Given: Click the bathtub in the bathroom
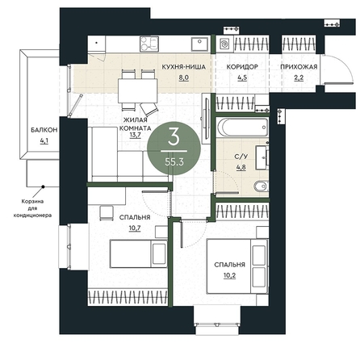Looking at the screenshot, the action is pyautogui.click(x=243, y=128).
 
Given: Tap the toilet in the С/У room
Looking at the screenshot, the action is pyautogui.click(x=261, y=186).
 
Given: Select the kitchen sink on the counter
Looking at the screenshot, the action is pyautogui.click(x=199, y=44).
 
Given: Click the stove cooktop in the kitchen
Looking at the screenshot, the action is pyautogui.click(x=149, y=44).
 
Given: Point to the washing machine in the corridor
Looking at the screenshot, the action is pyautogui.click(x=225, y=44).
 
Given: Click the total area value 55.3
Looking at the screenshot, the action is pyautogui.click(x=174, y=161).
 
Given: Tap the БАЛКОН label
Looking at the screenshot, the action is pyautogui.click(x=44, y=130).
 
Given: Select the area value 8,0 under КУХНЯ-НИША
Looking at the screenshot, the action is pyautogui.click(x=184, y=77).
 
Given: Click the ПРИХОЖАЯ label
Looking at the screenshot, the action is pyautogui.click(x=299, y=67).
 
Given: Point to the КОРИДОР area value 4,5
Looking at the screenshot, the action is pyautogui.click(x=242, y=77).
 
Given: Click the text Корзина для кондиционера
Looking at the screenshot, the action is pyautogui.click(x=32, y=208).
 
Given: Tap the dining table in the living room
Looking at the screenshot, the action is pyautogui.click(x=138, y=90).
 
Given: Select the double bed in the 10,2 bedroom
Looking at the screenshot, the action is pyautogui.click(x=237, y=266).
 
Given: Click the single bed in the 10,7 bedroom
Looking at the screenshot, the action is pyautogui.click(x=139, y=254).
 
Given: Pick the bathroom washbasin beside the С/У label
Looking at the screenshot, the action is pyautogui.click(x=262, y=157).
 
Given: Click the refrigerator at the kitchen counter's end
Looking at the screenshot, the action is pyautogui.click(x=97, y=44).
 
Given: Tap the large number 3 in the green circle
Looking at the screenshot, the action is pyautogui.click(x=174, y=136).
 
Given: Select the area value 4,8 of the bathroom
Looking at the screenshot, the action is pyautogui.click(x=241, y=167).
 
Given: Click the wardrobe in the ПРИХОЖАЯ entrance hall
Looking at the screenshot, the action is pyautogui.click(x=299, y=44).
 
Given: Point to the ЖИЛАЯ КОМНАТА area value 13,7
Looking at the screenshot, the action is pyautogui.click(x=136, y=135).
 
